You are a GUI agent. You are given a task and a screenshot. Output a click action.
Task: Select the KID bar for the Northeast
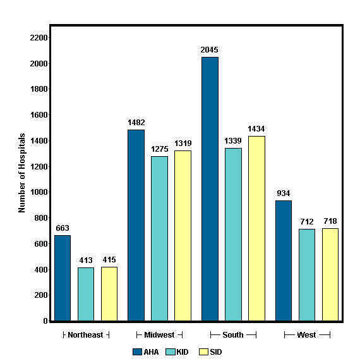[x=86, y=294]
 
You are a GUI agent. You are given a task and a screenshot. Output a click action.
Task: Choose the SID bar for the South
[x=256, y=228]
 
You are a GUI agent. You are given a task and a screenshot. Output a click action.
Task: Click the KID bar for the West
[x=307, y=274]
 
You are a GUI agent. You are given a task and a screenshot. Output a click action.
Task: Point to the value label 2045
[x=210, y=50]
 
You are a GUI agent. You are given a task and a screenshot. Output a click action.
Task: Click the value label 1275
[x=159, y=149]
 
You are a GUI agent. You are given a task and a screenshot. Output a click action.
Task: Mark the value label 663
[x=63, y=228]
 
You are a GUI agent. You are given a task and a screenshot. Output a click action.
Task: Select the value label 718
[x=330, y=221]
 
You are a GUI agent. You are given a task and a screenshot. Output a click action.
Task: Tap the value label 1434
[x=256, y=129]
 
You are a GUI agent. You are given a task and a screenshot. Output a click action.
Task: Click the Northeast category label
[x=85, y=334]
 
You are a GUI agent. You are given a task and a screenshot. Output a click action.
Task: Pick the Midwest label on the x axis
[x=159, y=334]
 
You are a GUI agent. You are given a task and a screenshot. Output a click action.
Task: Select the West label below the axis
[x=306, y=334]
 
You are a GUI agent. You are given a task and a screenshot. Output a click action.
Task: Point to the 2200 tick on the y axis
[x=39, y=38]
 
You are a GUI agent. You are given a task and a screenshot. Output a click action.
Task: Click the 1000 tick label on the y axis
[x=39, y=192]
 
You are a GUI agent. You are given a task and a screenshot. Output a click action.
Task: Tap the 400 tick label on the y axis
[x=40, y=269]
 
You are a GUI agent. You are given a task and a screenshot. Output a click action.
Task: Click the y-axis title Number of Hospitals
[x=22, y=172]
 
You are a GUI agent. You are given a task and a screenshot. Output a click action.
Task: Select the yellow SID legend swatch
[x=203, y=352]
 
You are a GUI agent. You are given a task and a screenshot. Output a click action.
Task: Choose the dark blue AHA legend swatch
[x=138, y=352]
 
